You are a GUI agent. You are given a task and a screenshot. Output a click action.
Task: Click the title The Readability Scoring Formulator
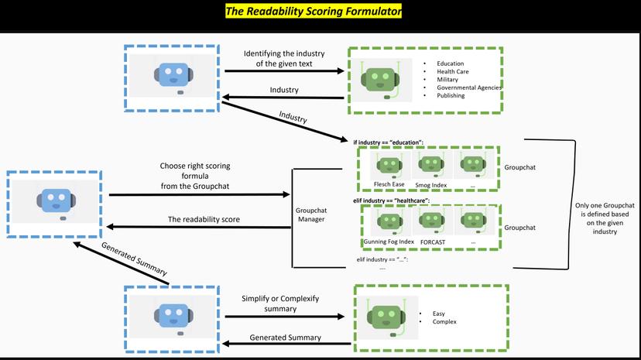point(314,12)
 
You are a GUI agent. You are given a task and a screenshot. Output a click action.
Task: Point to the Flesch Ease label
point(389,184)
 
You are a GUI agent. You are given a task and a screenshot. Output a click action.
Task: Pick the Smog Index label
point(432,184)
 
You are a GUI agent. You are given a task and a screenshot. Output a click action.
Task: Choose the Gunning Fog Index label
point(389,242)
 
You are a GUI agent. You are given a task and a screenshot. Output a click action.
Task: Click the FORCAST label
point(433,242)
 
